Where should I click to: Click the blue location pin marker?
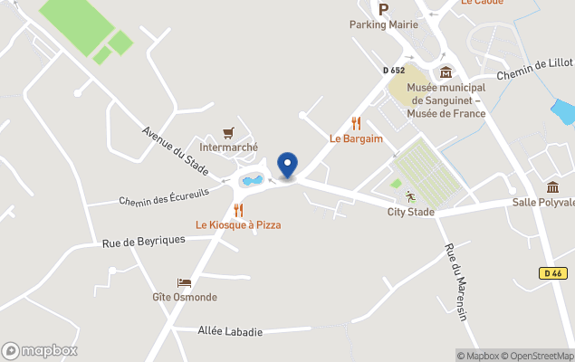[x=287, y=165]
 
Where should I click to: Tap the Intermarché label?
[x=228, y=147]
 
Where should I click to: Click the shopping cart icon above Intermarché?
[x=228, y=132]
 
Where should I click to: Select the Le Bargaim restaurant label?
[x=356, y=138]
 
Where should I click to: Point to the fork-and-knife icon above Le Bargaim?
[x=356, y=123]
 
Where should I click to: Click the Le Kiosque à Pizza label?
[x=238, y=224]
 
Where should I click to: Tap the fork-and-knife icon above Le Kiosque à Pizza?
[x=238, y=210]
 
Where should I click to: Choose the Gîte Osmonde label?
[x=184, y=297]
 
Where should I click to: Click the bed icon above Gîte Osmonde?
[x=184, y=282]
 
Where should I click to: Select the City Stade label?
[x=410, y=212]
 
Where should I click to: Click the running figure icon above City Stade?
[x=410, y=195]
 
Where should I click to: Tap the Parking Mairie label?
[x=384, y=24]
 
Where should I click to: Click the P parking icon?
[x=383, y=9]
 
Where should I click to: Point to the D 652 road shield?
[x=393, y=70]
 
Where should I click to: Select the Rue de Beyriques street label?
[x=143, y=242]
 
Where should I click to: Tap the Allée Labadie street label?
[x=230, y=331]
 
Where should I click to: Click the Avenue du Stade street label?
[x=176, y=150]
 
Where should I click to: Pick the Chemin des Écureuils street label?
[x=163, y=196]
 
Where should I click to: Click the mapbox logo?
[x=40, y=350]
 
